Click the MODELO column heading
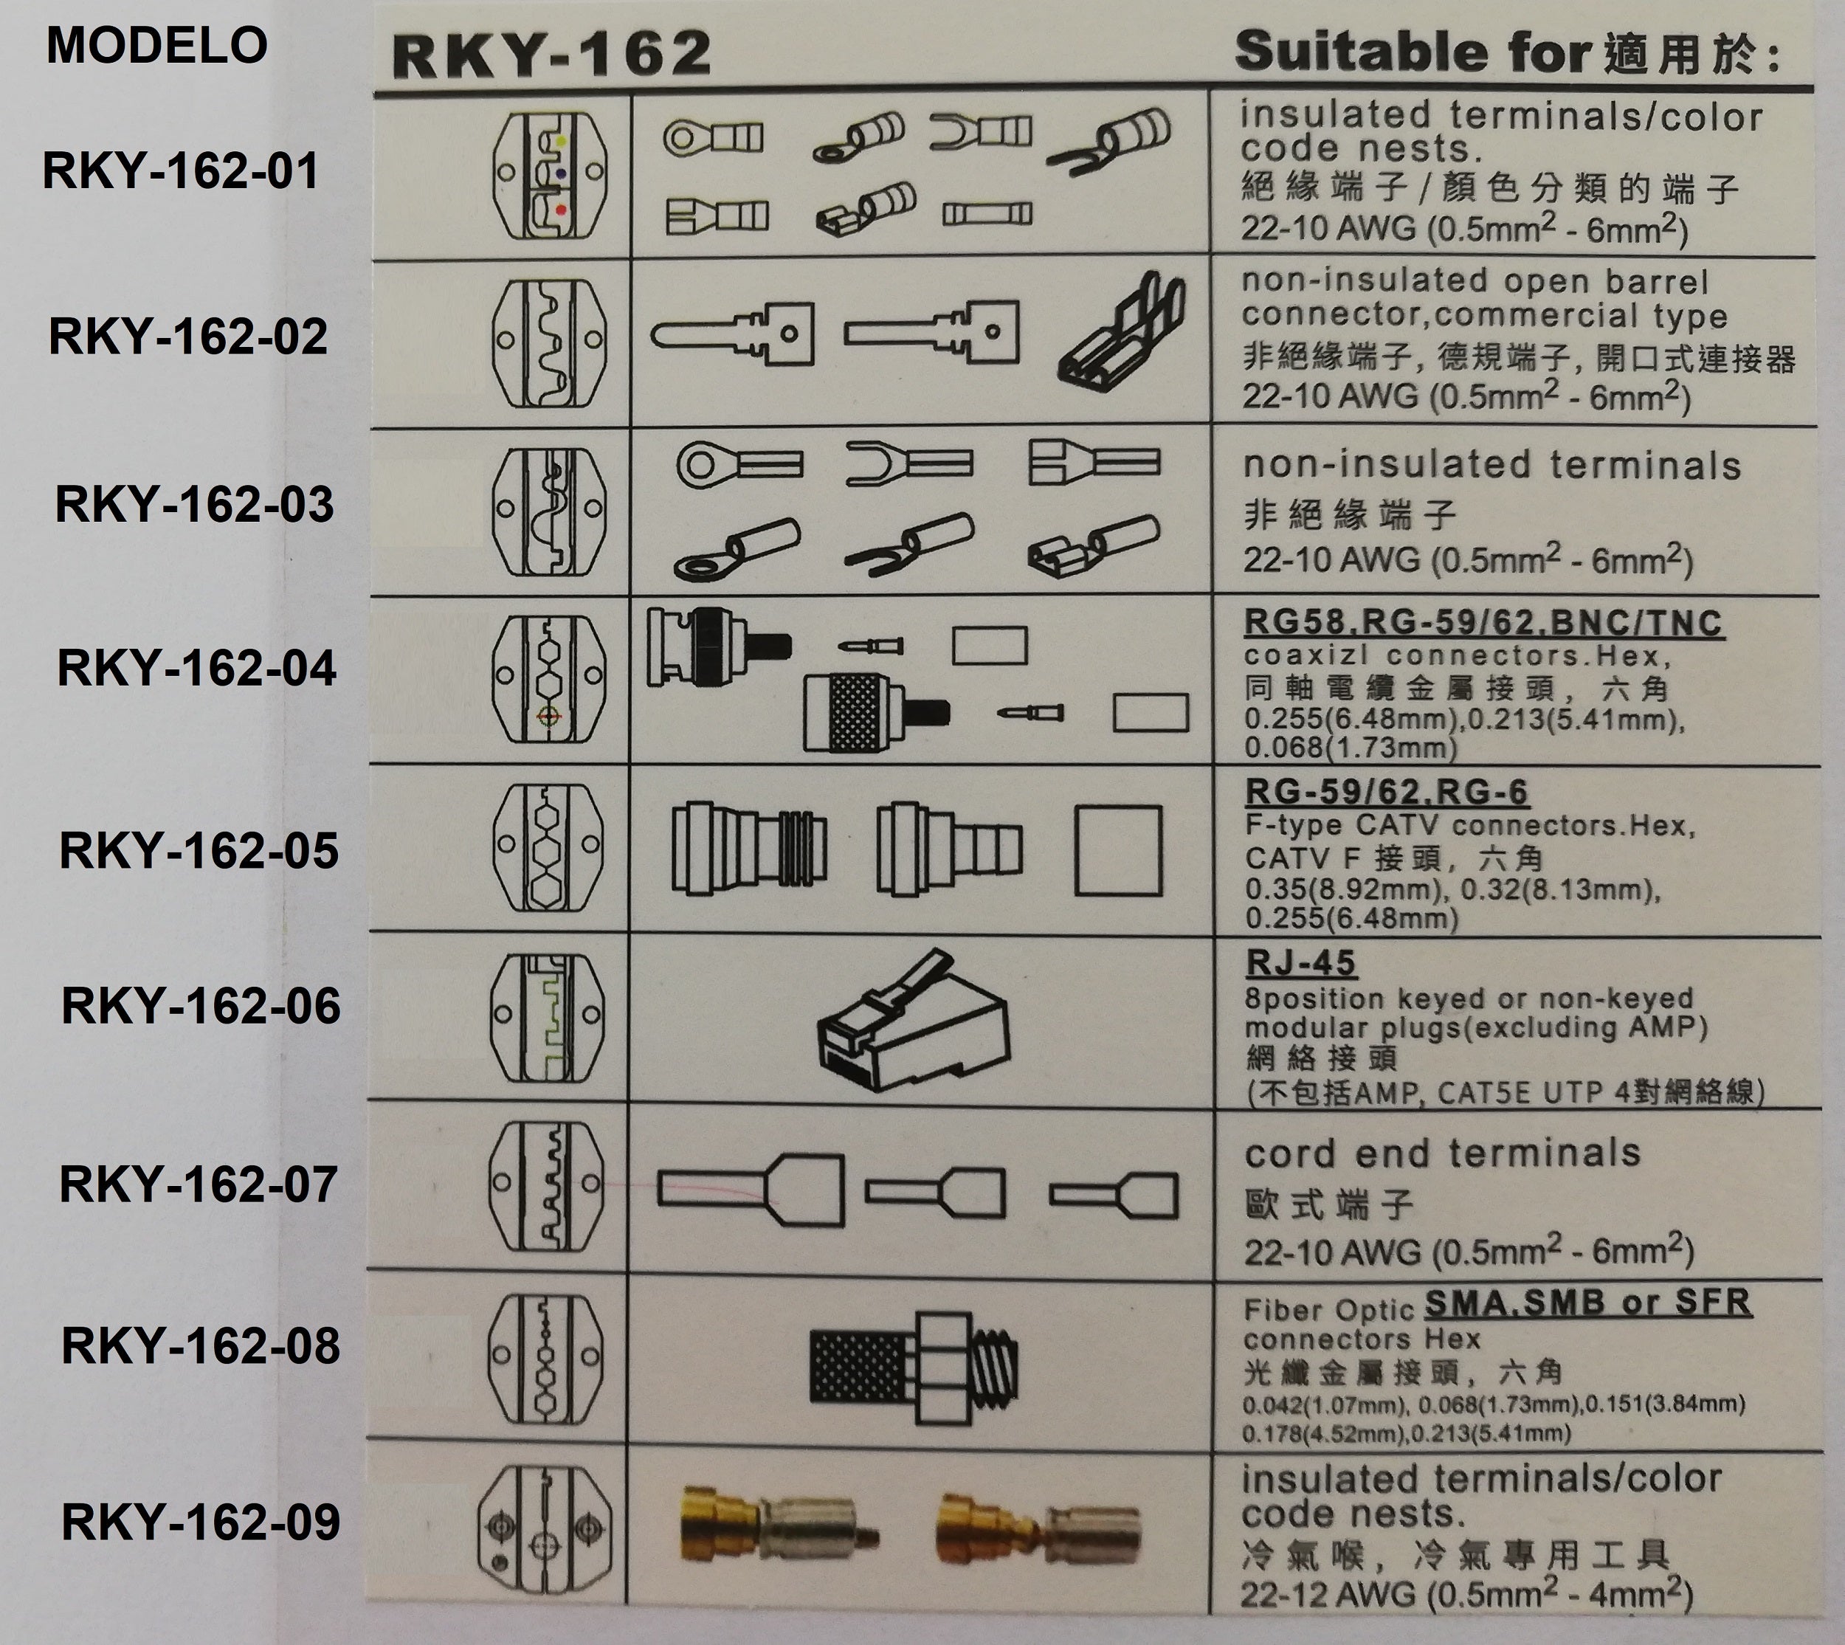156,45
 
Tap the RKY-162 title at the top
551,54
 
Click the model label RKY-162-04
196,668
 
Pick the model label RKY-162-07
198,1184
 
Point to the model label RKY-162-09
201,1522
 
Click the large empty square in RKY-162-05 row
1118,850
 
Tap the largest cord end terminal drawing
751,1190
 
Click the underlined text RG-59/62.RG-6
1386,793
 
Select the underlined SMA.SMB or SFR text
1587,1303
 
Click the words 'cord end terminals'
1442,1154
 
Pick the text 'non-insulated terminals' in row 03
1491,466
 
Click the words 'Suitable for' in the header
1412,52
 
